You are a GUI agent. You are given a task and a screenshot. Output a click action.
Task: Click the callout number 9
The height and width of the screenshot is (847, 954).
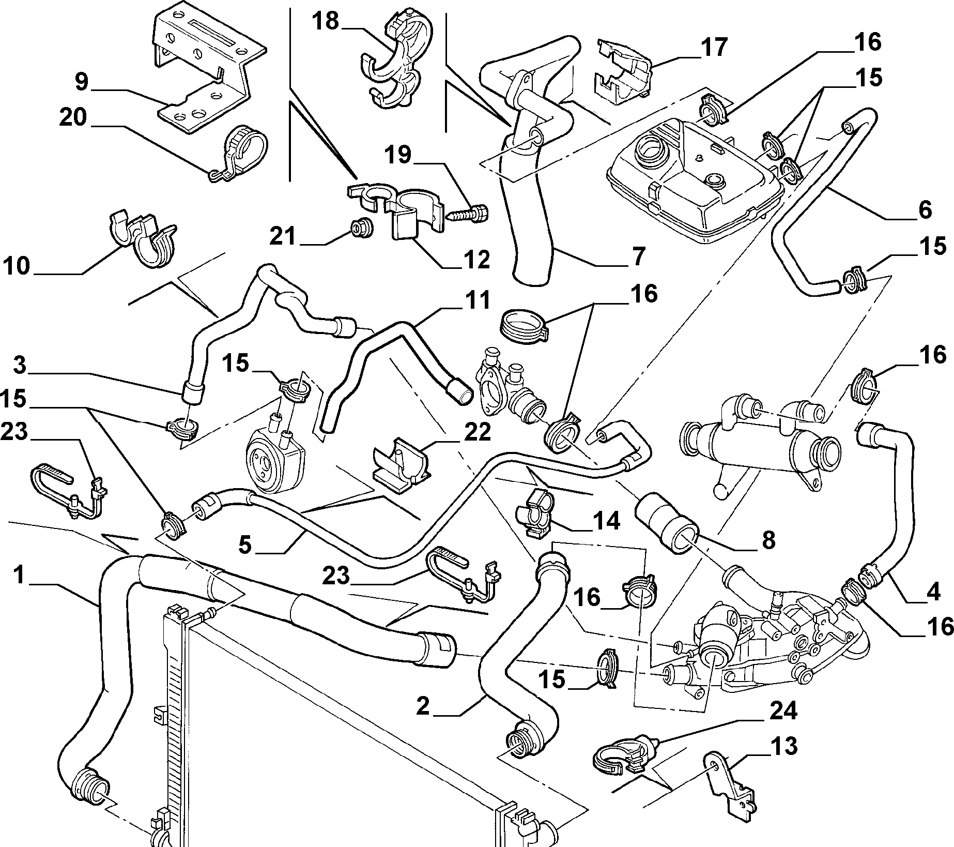pyautogui.click(x=82, y=82)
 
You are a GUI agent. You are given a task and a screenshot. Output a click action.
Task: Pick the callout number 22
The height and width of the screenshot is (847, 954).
pyautogui.click(x=475, y=432)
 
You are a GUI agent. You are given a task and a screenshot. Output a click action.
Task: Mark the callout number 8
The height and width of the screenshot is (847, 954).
pyautogui.click(x=768, y=540)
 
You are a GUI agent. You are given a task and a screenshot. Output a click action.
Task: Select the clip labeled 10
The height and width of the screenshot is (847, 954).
pyautogui.click(x=143, y=239)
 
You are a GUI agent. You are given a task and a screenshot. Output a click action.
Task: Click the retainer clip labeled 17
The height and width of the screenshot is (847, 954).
pyautogui.click(x=623, y=72)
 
